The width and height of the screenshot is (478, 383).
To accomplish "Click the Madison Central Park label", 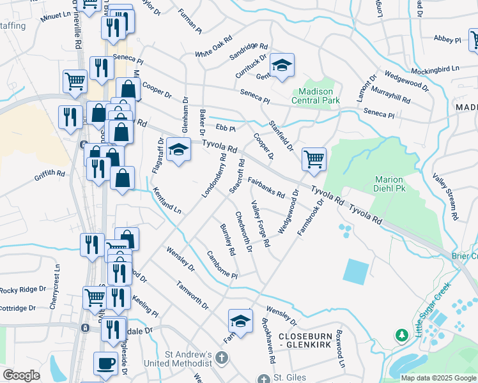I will [x=316, y=95].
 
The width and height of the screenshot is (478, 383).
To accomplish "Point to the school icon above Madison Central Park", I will [x=282, y=65].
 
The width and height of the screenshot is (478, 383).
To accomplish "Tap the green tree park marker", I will [x=402, y=335].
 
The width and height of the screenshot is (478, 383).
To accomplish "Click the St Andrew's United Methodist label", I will [x=188, y=359].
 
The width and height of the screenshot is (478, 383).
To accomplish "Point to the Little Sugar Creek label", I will [x=433, y=309].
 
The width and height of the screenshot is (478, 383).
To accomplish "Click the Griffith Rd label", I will [x=50, y=173].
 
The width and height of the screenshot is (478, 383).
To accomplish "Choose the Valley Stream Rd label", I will [x=445, y=197].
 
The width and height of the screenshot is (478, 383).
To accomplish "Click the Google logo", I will [x=21, y=375].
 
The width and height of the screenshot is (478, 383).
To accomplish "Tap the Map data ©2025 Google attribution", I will [x=438, y=378].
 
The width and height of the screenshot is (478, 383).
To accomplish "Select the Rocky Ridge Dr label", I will [x=23, y=289].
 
